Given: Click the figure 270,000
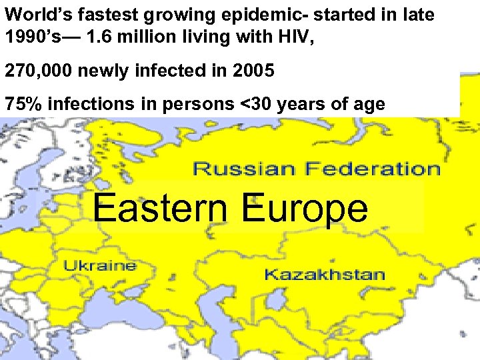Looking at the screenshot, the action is [37, 71].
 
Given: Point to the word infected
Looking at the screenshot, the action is [165, 71].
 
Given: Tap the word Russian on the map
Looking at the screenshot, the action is [240, 169].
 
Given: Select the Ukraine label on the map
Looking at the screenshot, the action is [100, 265].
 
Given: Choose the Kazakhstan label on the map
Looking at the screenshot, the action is [325, 274].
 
